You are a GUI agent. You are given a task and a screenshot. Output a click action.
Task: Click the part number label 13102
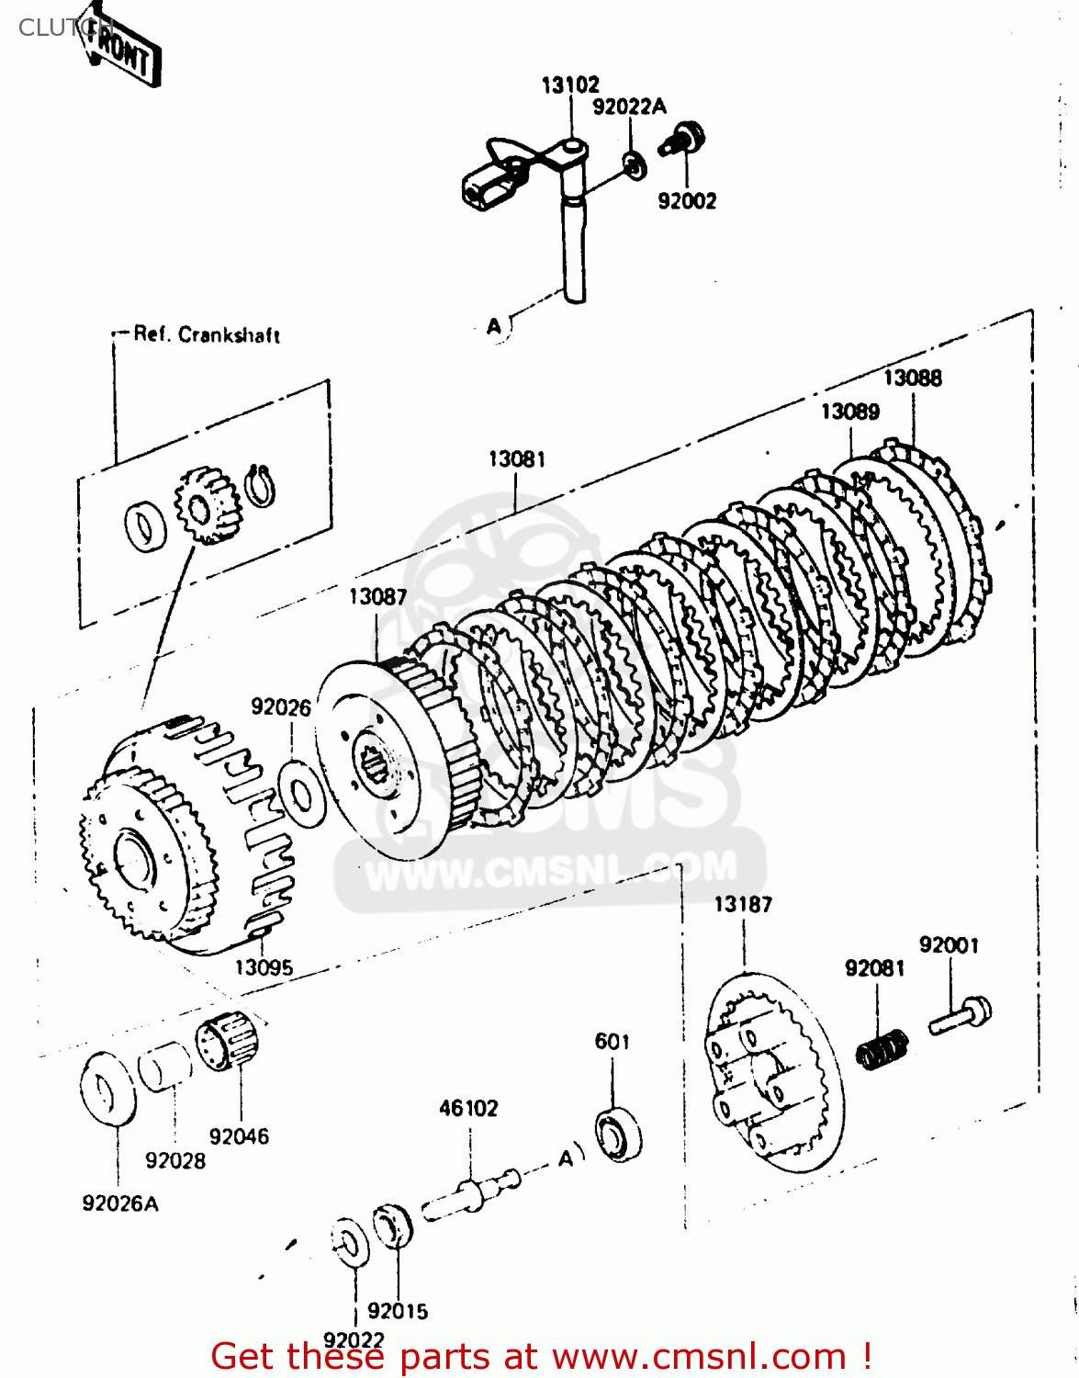tap(569, 85)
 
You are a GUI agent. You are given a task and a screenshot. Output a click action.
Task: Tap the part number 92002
tap(686, 201)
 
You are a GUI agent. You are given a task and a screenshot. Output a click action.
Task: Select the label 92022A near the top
tap(629, 107)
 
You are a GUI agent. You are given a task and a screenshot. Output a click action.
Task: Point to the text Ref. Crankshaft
tap(207, 334)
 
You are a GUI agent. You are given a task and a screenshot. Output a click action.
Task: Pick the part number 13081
tap(516, 458)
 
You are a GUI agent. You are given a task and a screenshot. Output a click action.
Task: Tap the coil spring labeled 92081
tap(882, 1048)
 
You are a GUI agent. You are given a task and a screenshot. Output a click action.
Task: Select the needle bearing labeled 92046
tap(227, 1044)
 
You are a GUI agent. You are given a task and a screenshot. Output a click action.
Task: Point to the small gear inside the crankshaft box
tap(207, 504)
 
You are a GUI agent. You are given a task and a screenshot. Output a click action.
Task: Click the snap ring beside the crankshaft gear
tap(262, 484)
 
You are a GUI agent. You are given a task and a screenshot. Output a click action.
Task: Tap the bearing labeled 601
tap(618, 1135)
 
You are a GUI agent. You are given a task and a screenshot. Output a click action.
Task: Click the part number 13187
tap(743, 904)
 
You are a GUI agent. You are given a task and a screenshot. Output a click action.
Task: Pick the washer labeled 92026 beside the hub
tap(301, 791)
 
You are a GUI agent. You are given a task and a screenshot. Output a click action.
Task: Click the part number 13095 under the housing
tap(264, 967)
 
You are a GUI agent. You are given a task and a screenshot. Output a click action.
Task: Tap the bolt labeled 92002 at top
tap(684, 139)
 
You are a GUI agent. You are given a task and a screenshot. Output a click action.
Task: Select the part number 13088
tap(912, 378)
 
